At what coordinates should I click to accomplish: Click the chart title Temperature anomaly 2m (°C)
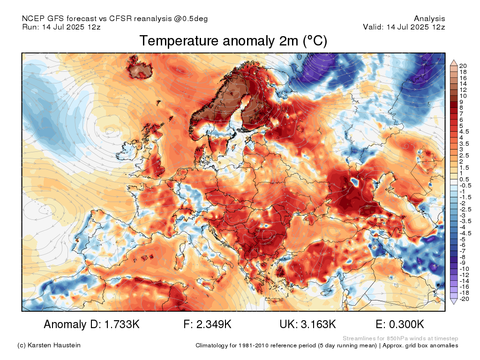[x=233, y=41]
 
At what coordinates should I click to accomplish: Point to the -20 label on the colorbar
[x=464, y=299]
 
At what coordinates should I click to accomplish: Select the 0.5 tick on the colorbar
[x=464, y=179]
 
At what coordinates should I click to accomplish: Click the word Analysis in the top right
[x=429, y=19]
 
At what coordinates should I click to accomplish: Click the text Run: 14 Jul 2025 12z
[x=61, y=27]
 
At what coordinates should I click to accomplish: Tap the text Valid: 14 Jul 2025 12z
[x=404, y=27]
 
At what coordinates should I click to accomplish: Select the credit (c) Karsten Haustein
[x=49, y=345]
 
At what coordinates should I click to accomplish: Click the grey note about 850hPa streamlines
[x=400, y=338]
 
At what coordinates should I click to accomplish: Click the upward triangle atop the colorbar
[x=453, y=62]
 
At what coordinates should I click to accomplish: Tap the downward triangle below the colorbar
[x=453, y=302]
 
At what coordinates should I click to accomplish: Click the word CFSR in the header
[x=120, y=19]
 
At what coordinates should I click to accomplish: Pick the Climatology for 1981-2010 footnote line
[x=327, y=345]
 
